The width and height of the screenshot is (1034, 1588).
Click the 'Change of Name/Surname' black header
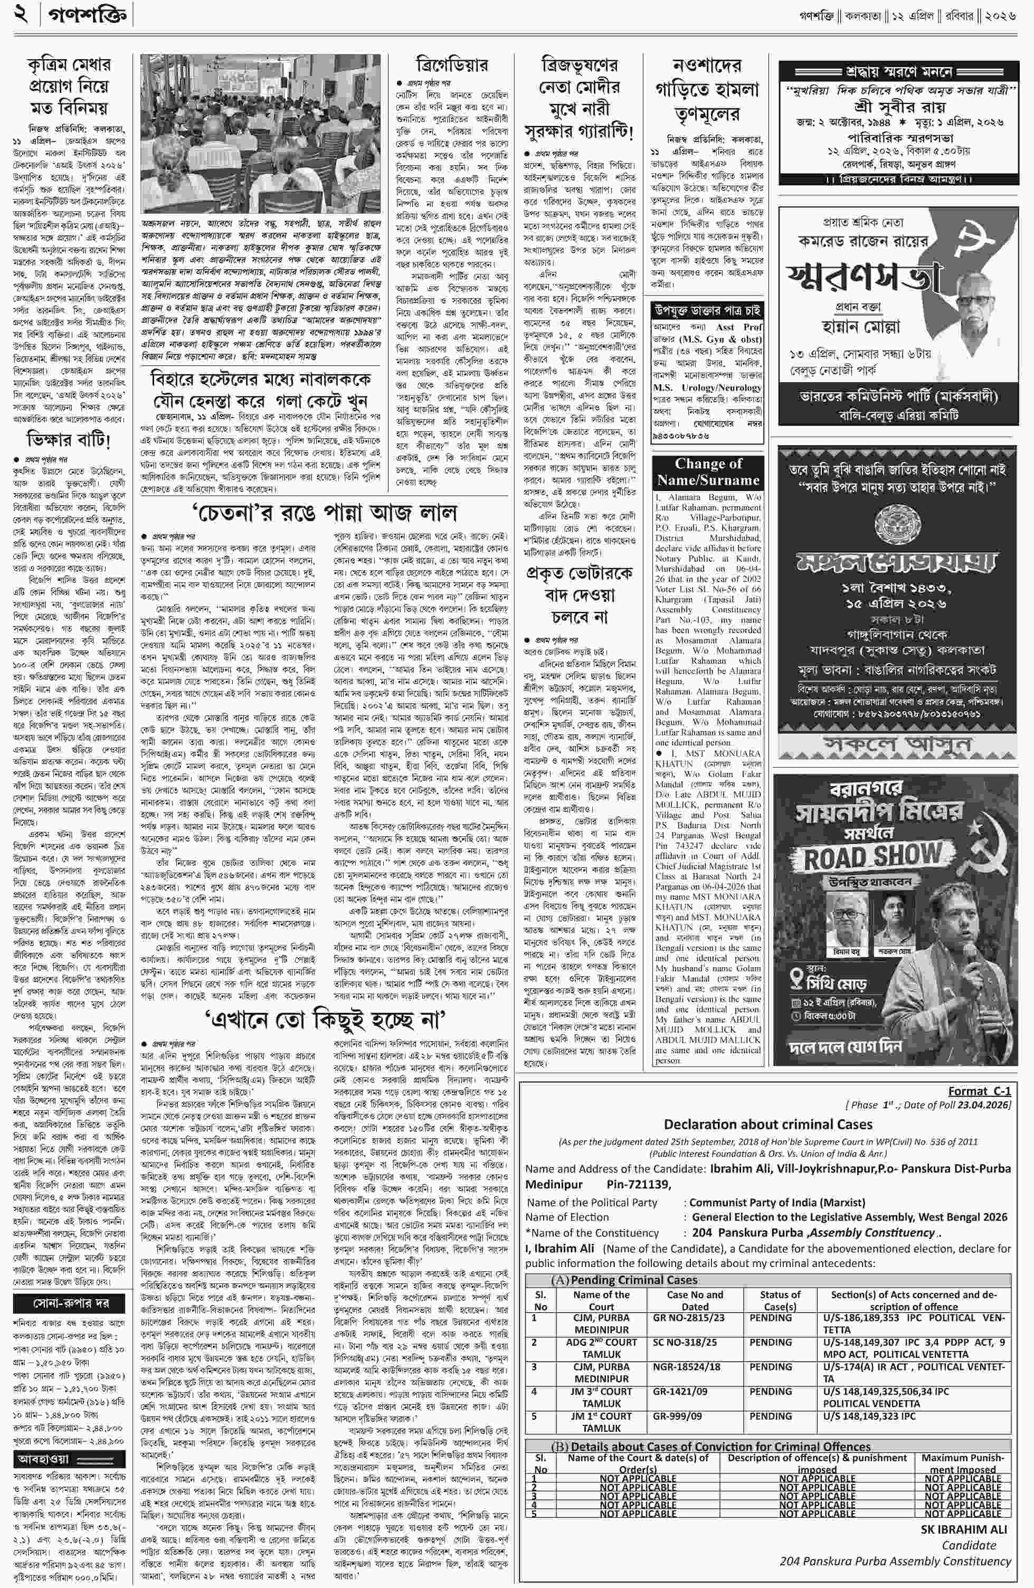(708, 472)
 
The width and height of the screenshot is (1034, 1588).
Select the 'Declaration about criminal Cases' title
(768, 1124)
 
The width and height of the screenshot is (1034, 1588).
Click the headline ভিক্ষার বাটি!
(69, 440)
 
